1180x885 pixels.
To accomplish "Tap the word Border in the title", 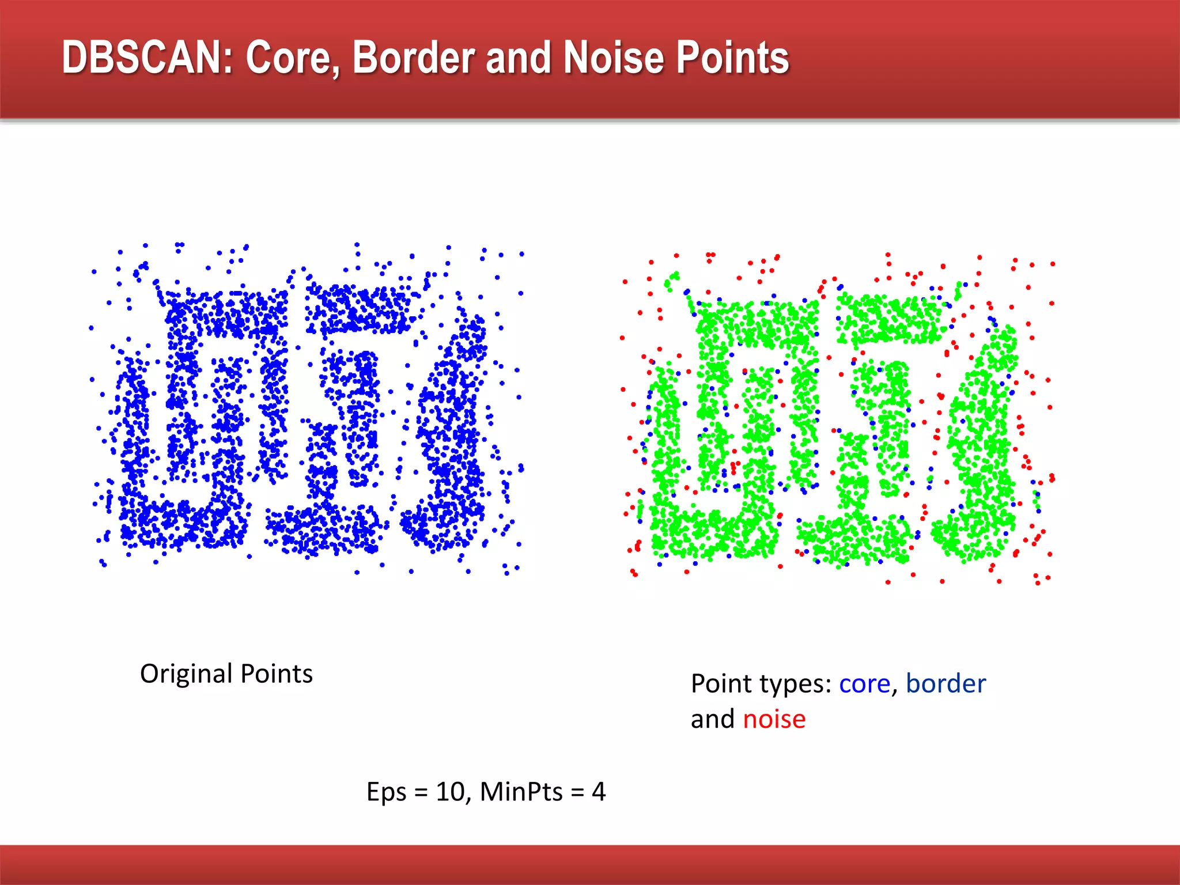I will pyautogui.click(x=414, y=58).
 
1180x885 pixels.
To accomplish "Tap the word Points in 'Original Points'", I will pyautogui.click(x=277, y=674).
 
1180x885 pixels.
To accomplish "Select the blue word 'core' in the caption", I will pyautogui.click(x=864, y=684).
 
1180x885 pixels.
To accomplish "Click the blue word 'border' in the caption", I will pyautogui.click(x=945, y=684).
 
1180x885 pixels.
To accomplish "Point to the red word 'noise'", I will pyautogui.click(x=774, y=720).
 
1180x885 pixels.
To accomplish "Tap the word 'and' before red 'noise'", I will pyautogui.click(x=713, y=720).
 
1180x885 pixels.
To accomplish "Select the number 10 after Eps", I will pyautogui.click(x=450, y=792).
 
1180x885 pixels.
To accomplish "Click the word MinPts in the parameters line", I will pyautogui.click(x=521, y=792).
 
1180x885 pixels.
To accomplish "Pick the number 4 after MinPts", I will pyautogui.click(x=599, y=792).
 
